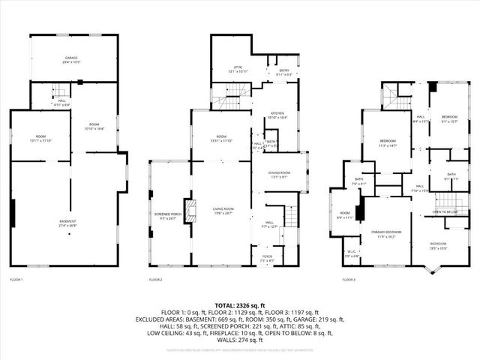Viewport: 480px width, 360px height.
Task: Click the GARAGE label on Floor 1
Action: [71, 59]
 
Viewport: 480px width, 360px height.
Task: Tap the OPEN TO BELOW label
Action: [445, 212]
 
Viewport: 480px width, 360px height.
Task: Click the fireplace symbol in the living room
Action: [190, 211]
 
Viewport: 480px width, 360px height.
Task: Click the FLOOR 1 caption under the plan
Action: [16, 280]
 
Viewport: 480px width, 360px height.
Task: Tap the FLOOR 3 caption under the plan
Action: [349, 280]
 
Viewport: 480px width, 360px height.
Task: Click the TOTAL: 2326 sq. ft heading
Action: [240, 305]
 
